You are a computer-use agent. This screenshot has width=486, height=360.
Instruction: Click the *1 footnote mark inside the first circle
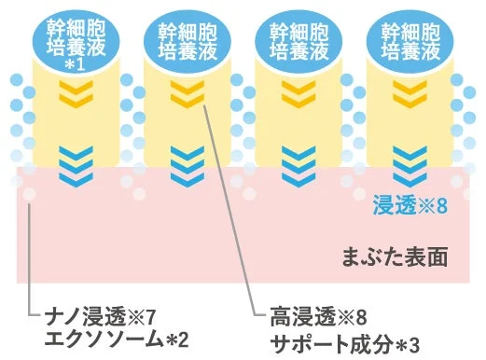(74, 66)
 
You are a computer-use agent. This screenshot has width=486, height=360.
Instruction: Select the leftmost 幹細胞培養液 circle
(74, 38)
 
